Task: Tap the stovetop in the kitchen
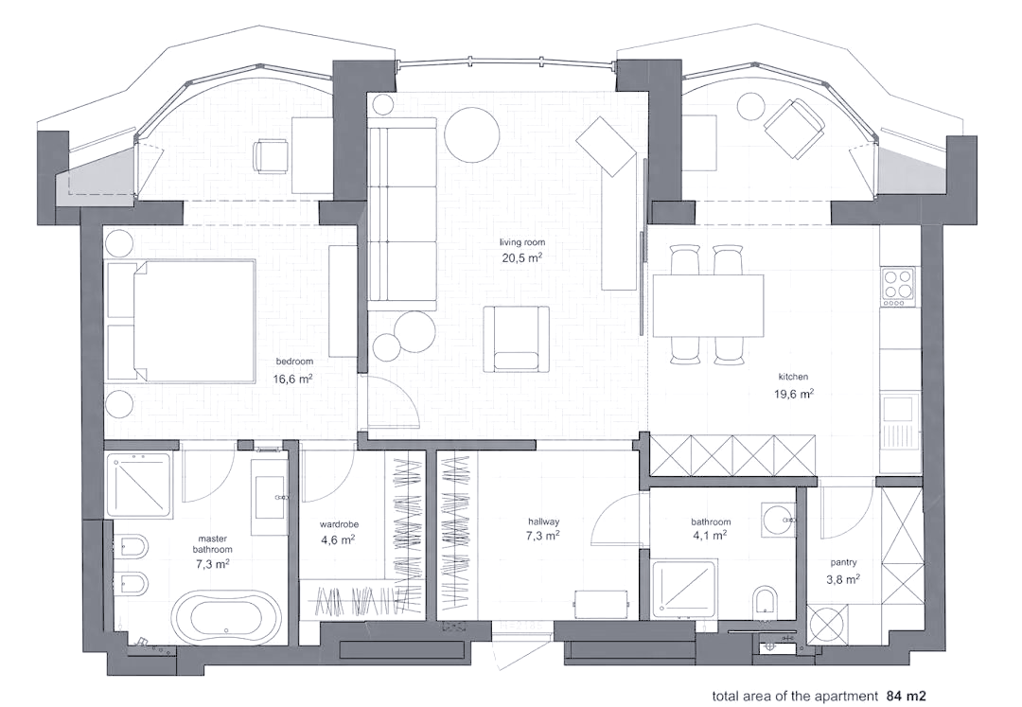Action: point(896,286)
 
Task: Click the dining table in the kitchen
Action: point(708,305)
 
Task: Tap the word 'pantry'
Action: point(843,562)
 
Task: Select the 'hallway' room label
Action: point(543,521)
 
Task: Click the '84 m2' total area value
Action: point(906,696)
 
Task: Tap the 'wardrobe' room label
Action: point(339,524)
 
